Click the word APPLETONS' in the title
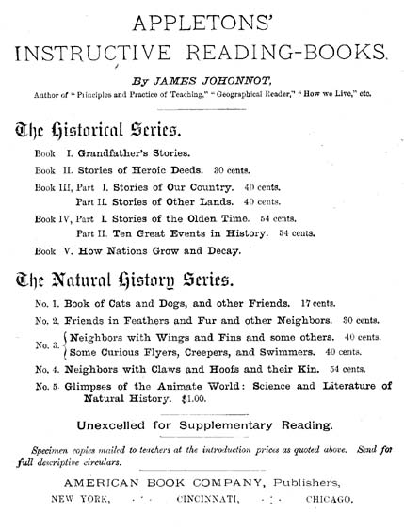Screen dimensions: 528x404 (202, 18)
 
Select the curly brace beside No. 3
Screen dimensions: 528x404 (64, 345)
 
